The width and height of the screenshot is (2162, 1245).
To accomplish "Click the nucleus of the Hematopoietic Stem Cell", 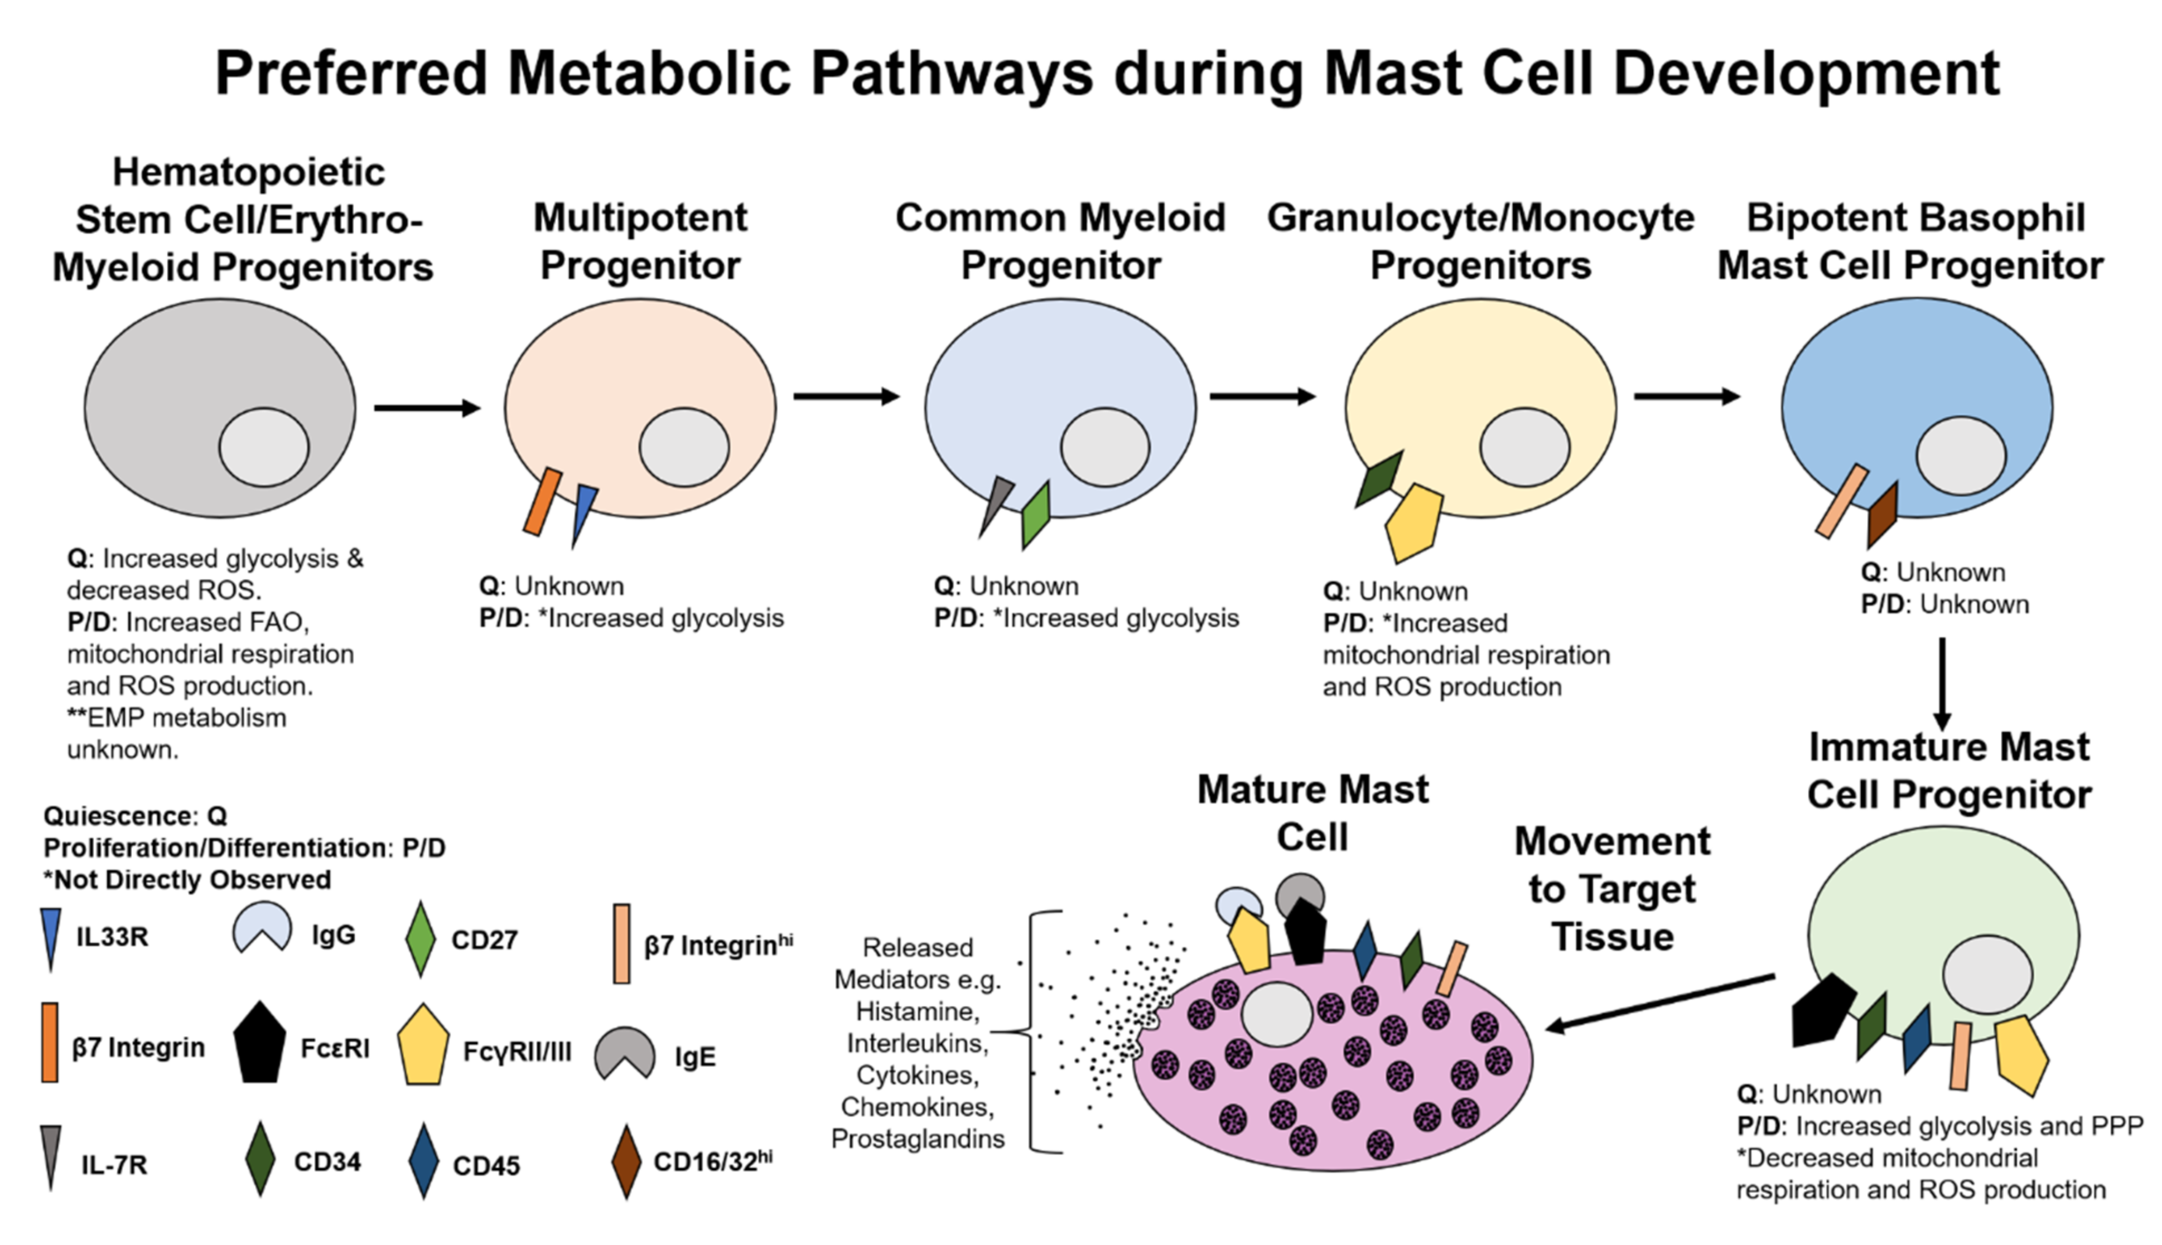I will click(x=263, y=447).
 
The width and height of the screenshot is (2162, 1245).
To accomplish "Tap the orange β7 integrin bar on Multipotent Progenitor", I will click(x=542, y=502).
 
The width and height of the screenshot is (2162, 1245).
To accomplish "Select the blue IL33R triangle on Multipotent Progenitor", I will click(x=583, y=511).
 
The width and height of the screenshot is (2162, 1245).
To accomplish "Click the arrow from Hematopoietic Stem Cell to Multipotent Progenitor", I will click(x=427, y=408).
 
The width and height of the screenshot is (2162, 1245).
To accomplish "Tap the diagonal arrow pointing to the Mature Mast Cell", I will click(x=1659, y=1001).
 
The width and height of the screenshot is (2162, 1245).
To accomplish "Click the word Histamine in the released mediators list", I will click(x=918, y=1011).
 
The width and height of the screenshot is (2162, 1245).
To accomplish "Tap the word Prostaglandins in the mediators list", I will click(x=918, y=1139).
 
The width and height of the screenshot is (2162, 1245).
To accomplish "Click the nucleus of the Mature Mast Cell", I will click(x=1276, y=1014).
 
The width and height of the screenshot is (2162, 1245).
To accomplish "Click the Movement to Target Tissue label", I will click(x=1612, y=889).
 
